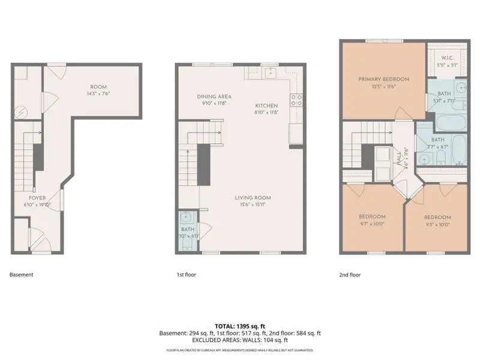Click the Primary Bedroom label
[x=383, y=79]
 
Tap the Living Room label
[x=253, y=197]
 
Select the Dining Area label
[x=214, y=97]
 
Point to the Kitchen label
[x=266, y=105]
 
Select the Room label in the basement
[x=98, y=87]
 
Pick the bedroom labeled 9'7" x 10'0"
[x=372, y=217]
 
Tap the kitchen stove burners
[x=295, y=100]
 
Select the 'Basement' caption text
[x=22, y=275]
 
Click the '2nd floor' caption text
[x=350, y=275]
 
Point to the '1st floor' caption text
[x=186, y=275]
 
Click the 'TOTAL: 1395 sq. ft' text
[x=239, y=325]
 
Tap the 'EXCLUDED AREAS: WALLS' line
[x=239, y=340]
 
